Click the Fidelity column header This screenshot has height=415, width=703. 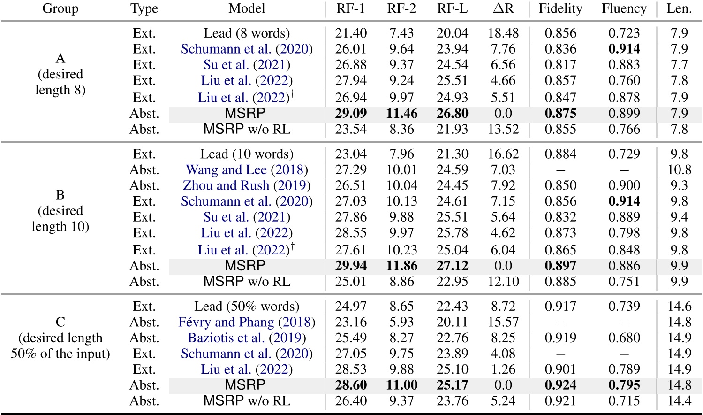click(x=560, y=9)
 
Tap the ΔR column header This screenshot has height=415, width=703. click(x=503, y=9)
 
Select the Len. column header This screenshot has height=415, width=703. click(x=679, y=9)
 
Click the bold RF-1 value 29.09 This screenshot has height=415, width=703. click(x=351, y=114)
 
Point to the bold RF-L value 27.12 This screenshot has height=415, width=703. click(x=452, y=266)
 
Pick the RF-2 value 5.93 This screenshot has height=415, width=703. click(x=401, y=322)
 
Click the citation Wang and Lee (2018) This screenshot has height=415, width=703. click(x=247, y=169)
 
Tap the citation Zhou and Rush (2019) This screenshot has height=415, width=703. click(x=247, y=185)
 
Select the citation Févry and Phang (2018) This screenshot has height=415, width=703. click(x=247, y=322)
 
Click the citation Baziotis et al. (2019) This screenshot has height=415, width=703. click(x=247, y=338)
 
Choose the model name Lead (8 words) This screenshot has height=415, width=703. click(x=247, y=33)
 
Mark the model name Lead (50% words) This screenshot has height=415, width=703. click(x=247, y=306)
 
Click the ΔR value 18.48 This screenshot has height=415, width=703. click(x=503, y=33)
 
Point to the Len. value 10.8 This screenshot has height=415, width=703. click(x=679, y=169)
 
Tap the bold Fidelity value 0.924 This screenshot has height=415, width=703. click(x=560, y=385)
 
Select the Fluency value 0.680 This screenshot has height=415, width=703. click(x=624, y=338)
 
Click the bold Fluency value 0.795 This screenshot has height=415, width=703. click(x=624, y=385)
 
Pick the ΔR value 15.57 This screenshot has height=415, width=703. click(x=503, y=322)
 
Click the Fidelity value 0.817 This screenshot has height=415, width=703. click(x=560, y=65)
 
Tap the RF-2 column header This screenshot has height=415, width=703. click(x=401, y=9)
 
